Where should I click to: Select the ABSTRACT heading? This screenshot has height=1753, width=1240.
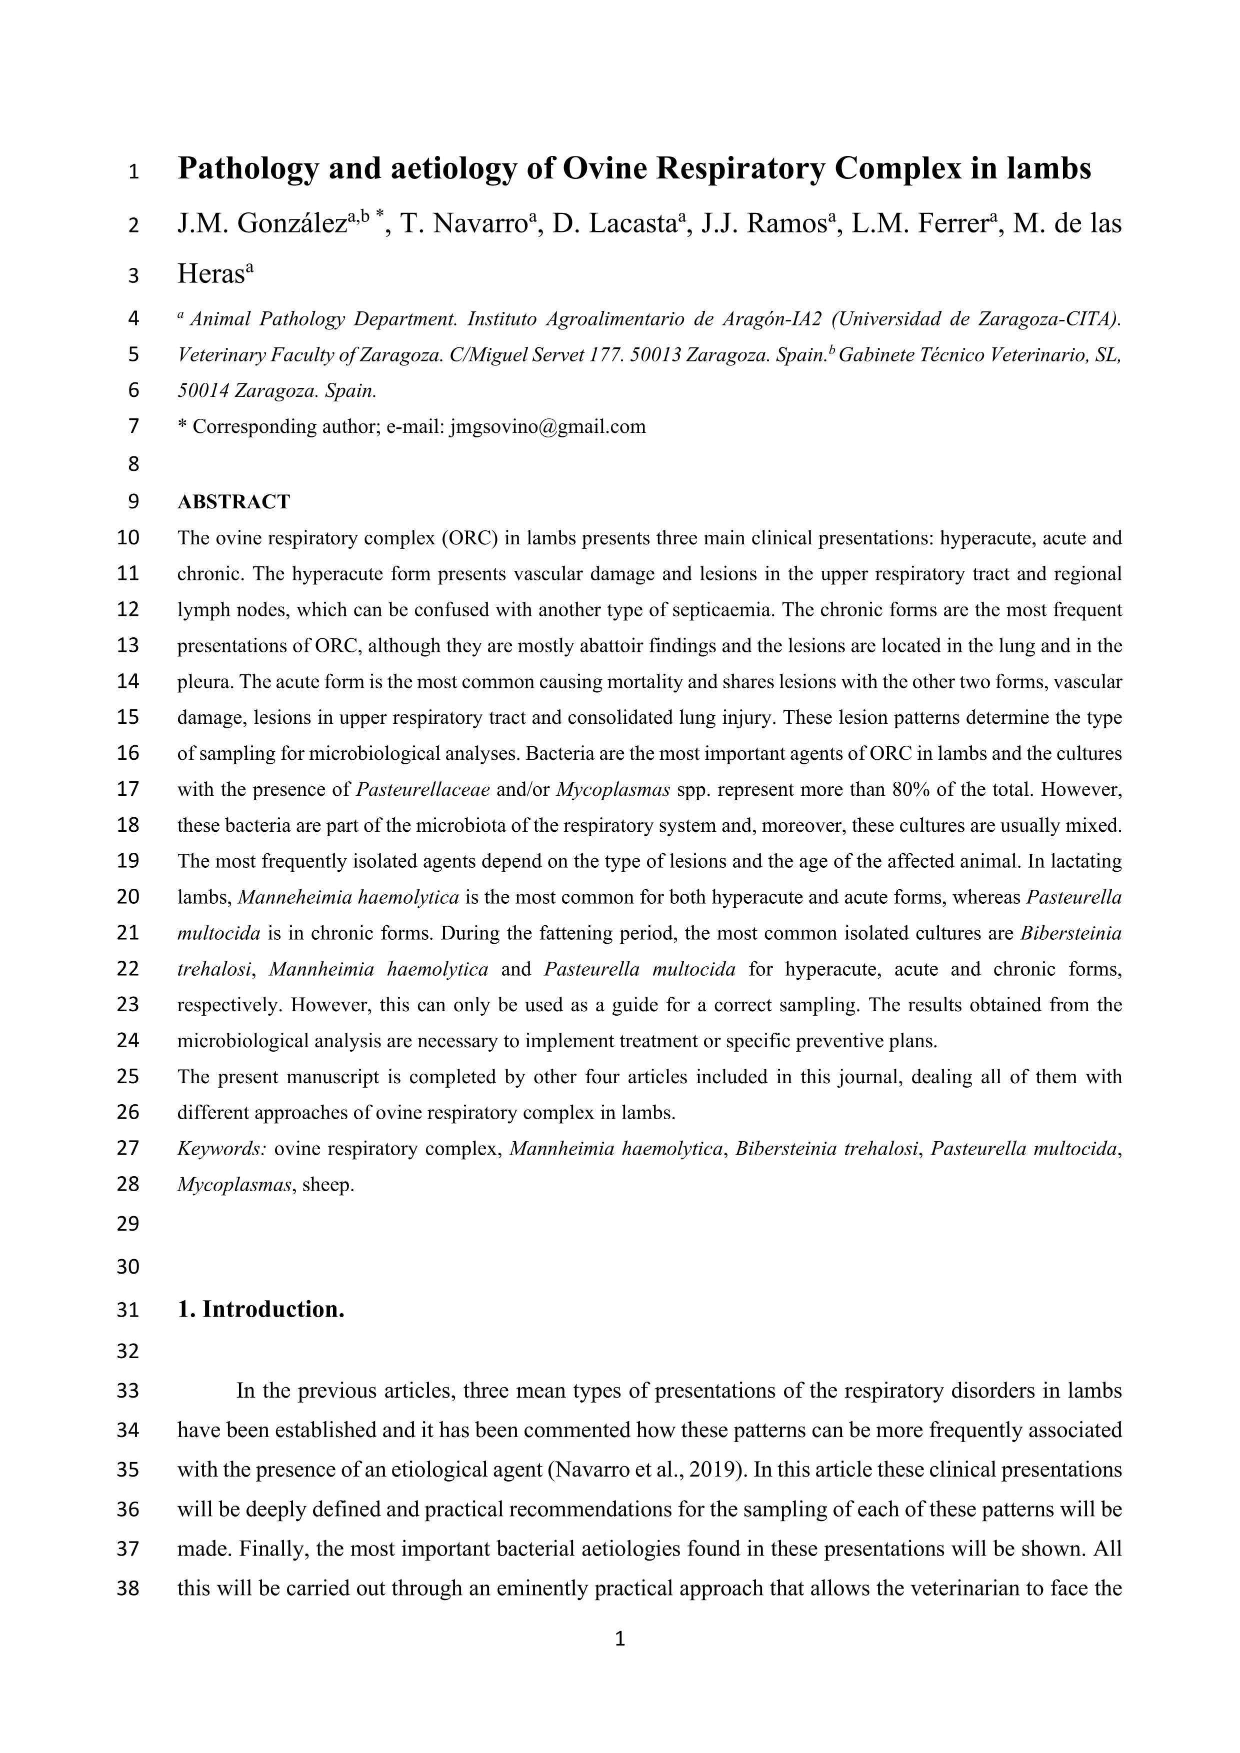[233, 502]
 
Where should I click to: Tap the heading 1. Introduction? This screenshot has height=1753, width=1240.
[260, 1310]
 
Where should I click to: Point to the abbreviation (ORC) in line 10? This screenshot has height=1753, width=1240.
[470, 537]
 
